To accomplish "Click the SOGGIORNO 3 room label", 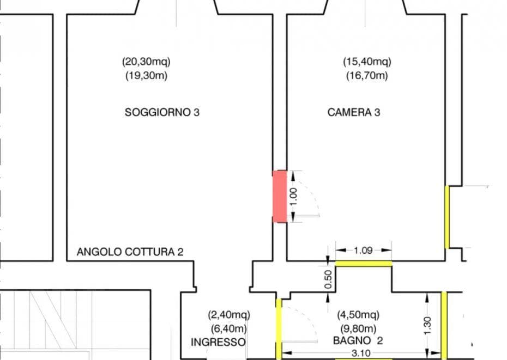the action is tap(162, 112).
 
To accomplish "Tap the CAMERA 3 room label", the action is tap(354, 112).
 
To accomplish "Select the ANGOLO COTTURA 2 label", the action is tap(130, 252).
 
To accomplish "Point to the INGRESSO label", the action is tap(218, 342).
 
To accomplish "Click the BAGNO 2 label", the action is tap(358, 340).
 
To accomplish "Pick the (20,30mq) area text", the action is tap(146, 62).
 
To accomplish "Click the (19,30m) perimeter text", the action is tap(146, 76).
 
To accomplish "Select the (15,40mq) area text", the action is tap(367, 62).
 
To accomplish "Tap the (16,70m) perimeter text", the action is tap(367, 76).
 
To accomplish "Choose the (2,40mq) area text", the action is tap(229, 315).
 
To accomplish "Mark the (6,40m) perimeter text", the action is tap(229, 329).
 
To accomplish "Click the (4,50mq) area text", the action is tap(358, 315).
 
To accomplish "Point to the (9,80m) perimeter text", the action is tap(358, 329).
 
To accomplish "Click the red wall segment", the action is tap(280, 197).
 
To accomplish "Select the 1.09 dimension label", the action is tap(364, 251).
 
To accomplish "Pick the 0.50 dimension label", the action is tap(328, 279).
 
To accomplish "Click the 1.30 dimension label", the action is tap(427, 326).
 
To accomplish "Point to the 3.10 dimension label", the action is tap(361, 353).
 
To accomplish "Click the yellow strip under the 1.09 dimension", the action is tap(364, 264).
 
